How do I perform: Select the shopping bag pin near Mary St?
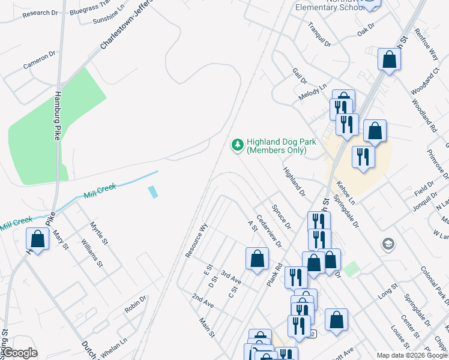(x=38, y=239)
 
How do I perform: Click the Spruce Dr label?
(x=281, y=217)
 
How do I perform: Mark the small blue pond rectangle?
(x=152, y=192)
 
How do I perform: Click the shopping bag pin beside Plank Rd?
(x=257, y=259)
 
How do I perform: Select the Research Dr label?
(x=40, y=13)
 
